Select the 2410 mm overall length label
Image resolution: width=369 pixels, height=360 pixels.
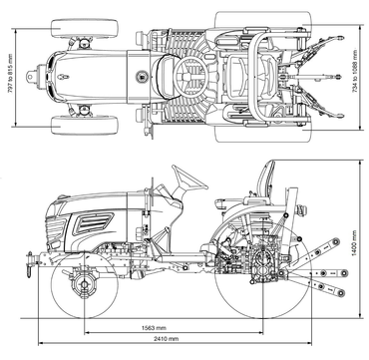(166, 339)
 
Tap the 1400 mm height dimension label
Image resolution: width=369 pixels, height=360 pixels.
(354, 243)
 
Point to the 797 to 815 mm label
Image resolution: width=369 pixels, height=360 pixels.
(10, 74)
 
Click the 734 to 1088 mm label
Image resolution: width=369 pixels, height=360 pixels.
(355, 71)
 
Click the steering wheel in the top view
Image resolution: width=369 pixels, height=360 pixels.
(191, 77)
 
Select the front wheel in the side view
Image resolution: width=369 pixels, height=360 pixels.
(85, 284)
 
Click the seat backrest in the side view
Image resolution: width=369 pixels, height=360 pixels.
(266, 179)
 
